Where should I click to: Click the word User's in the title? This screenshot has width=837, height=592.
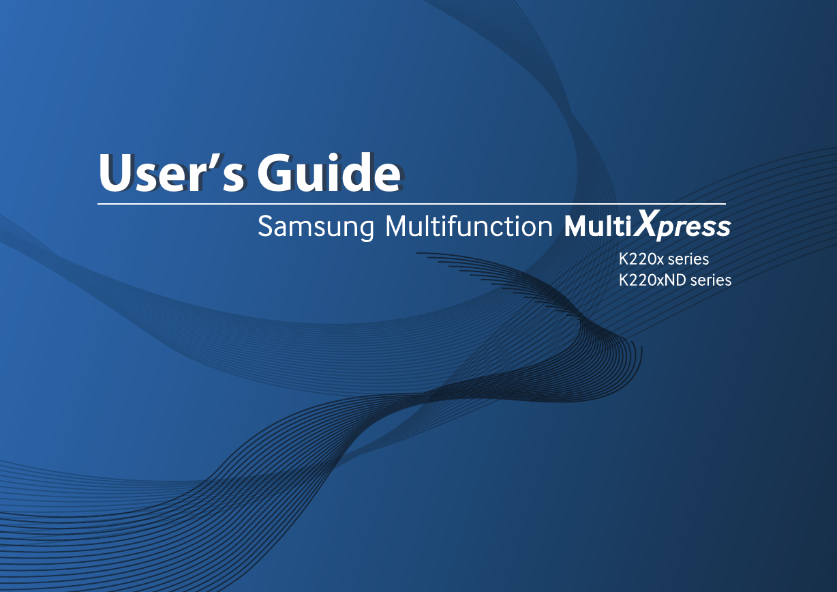[x=172, y=173]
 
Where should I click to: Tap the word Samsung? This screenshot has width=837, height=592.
[x=316, y=226]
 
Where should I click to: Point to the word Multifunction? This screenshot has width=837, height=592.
[x=468, y=226]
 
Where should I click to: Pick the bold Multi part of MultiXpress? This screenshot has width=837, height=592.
[x=598, y=226]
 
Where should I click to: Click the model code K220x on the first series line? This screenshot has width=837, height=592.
[x=641, y=259]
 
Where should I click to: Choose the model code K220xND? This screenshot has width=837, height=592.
[x=652, y=280]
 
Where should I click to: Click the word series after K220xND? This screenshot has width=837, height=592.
[x=711, y=280]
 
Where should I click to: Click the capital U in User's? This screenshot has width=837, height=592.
[x=116, y=173]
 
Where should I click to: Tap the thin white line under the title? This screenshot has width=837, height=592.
[x=412, y=204]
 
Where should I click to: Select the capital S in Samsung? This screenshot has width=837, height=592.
[x=266, y=226]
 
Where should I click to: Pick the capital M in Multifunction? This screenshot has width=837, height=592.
[x=398, y=226]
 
